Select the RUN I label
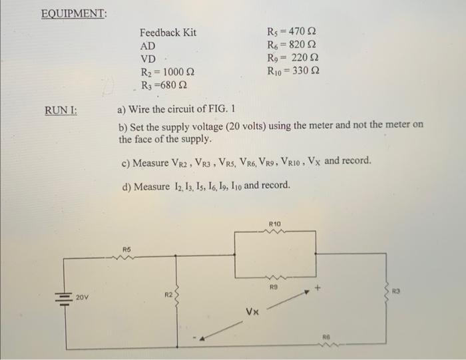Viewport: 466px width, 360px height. (x=61, y=110)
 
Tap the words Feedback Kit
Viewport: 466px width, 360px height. (x=168, y=33)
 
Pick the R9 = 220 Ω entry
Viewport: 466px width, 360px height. (x=291, y=58)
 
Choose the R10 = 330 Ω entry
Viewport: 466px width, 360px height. (x=293, y=71)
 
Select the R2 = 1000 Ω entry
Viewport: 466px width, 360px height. (x=167, y=72)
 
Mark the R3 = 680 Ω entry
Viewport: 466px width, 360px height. (x=164, y=85)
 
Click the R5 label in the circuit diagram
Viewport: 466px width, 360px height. (x=126, y=250)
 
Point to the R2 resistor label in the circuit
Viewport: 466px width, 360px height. (x=168, y=293)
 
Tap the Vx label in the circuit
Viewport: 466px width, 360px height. (x=252, y=311)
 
